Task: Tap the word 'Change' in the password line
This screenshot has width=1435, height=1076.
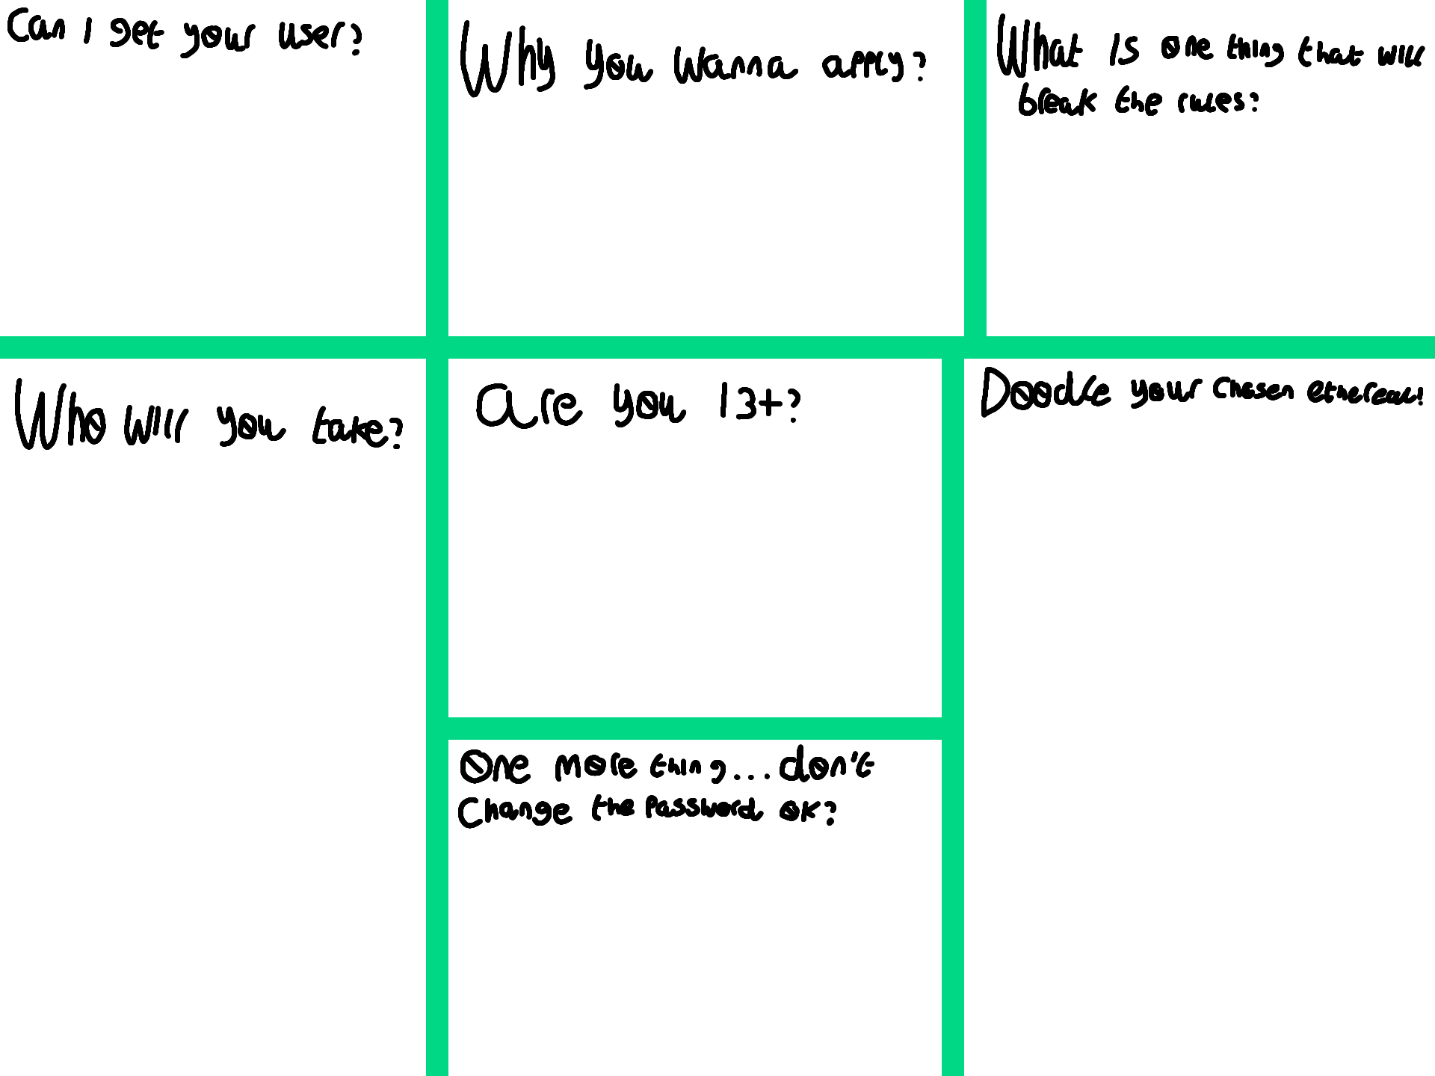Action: pos(515,811)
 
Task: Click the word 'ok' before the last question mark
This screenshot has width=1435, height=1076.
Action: pos(798,811)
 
